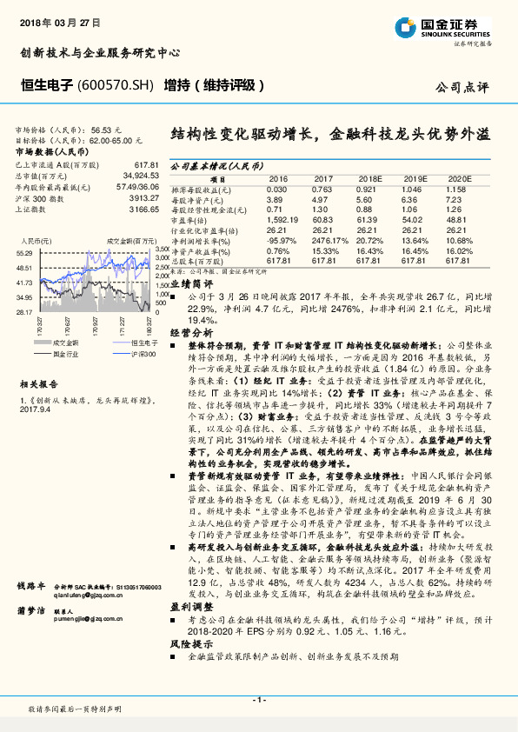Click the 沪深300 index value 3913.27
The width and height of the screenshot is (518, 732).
pyautogui.click(x=143, y=197)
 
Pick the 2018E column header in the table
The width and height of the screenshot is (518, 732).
pyautogui.click(x=370, y=177)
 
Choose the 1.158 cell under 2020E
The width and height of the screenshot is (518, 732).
pyautogui.click(x=457, y=189)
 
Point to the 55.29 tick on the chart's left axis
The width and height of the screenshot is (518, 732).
pyautogui.click(x=24, y=251)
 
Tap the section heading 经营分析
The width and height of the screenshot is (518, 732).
pyautogui.click(x=189, y=333)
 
